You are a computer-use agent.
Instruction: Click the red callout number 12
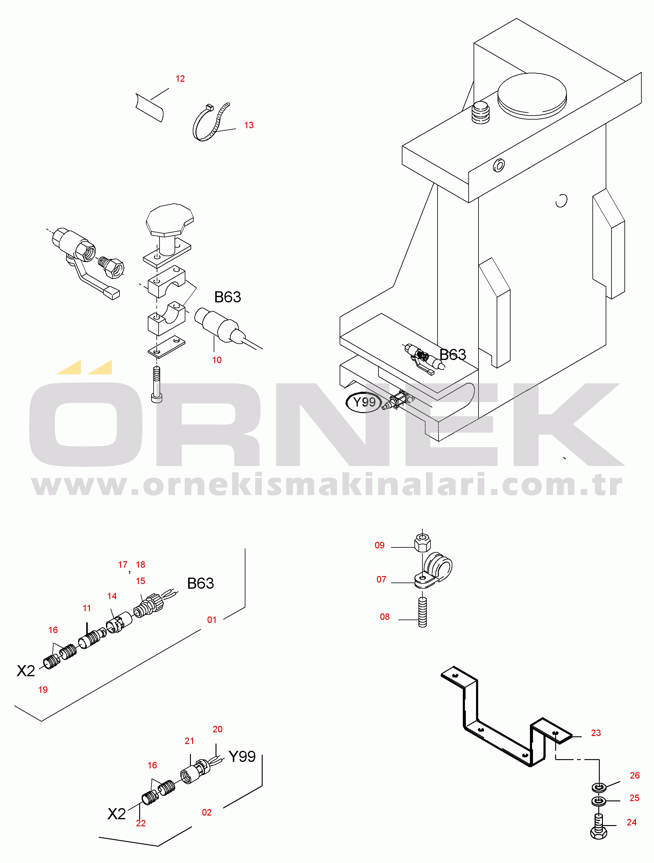tap(180, 79)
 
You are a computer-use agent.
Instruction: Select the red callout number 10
tap(217, 360)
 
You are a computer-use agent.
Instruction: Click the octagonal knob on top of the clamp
tap(170, 220)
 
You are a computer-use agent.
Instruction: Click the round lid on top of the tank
tap(532, 96)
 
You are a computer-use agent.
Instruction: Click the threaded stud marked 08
tap(422, 612)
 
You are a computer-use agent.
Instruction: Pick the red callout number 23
tap(596, 733)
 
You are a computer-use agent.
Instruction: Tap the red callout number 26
tap(635, 775)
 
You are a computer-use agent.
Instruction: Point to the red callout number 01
tap(212, 620)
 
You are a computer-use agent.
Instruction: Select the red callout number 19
tap(43, 690)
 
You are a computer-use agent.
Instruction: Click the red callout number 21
tap(189, 741)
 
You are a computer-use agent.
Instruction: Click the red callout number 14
tap(112, 596)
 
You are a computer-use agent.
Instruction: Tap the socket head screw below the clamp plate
tap(156, 385)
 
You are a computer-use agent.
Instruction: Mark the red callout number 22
tap(141, 823)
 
